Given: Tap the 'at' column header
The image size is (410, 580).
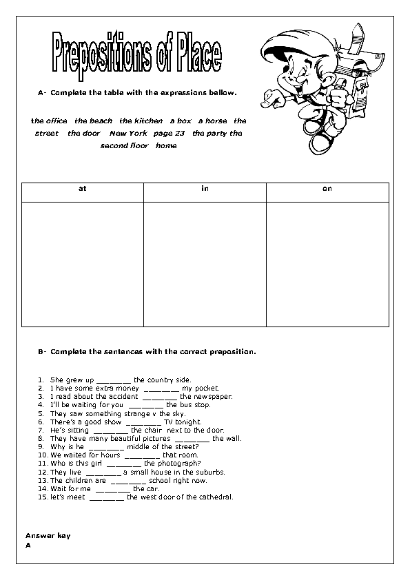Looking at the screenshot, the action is tap(82, 188).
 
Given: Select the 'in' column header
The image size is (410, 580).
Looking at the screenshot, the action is tap(205, 188).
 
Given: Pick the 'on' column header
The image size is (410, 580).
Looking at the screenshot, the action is tap(327, 188).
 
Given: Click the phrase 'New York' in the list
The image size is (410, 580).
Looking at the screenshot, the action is tap(129, 133).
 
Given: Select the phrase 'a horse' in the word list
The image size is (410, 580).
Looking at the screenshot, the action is tap(212, 121).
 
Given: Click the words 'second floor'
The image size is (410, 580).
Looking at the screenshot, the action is tap(125, 145).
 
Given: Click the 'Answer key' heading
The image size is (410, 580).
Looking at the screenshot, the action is tap(48, 535).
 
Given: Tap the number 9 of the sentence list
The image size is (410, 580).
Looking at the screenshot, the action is tap(41, 446).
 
